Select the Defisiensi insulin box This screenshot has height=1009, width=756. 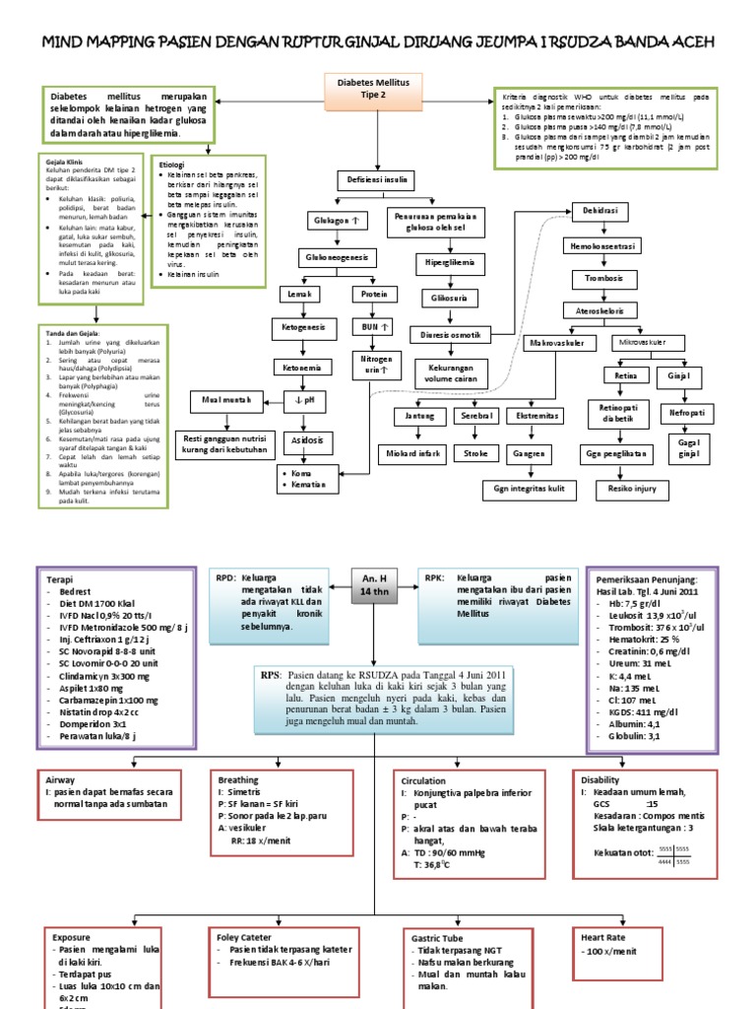(376, 180)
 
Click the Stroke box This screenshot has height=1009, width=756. (476, 453)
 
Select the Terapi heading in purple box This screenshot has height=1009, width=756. (61, 580)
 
